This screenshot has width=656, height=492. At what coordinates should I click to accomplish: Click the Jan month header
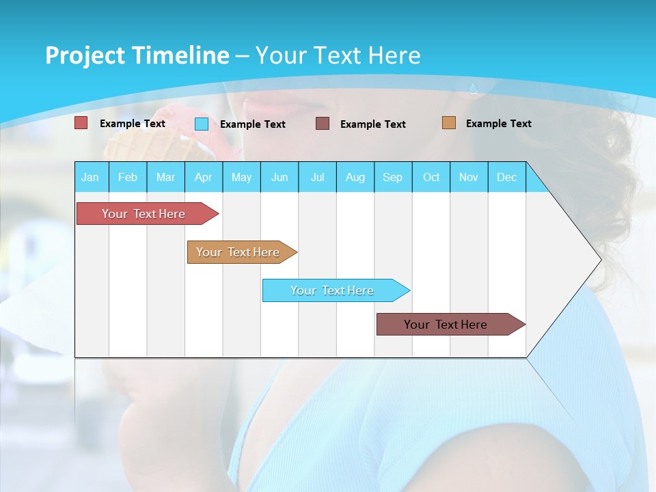[91, 177]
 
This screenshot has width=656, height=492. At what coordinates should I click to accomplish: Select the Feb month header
[128, 177]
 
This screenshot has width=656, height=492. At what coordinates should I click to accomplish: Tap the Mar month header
[165, 177]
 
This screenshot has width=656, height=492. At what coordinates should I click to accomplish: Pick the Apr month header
[204, 177]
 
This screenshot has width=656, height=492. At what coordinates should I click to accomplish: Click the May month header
[241, 177]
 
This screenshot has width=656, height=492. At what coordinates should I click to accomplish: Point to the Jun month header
[279, 177]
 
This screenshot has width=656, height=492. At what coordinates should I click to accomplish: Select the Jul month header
[317, 177]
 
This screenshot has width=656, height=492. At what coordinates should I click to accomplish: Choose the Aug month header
[355, 177]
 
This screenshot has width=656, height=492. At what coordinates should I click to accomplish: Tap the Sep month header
[393, 177]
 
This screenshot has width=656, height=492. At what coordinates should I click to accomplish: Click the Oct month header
[431, 177]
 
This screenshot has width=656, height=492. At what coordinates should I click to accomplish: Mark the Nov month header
[469, 177]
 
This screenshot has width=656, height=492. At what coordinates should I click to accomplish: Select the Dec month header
[507, 177]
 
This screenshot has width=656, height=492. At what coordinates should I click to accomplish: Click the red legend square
[81, 123]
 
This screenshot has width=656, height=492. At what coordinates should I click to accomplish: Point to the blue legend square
[202, 124]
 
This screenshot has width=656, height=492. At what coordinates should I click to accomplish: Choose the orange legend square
[448, 123]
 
